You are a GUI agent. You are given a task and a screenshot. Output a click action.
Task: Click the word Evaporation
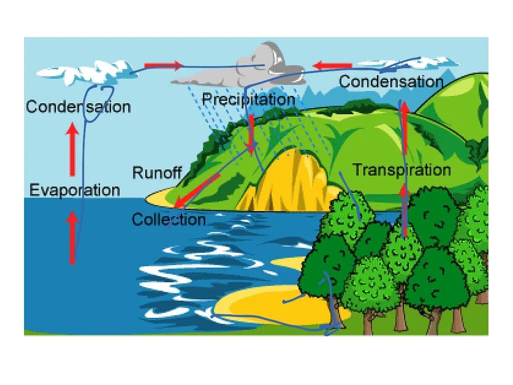point(75,190)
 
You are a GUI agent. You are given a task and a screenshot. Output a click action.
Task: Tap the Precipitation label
point(248,99)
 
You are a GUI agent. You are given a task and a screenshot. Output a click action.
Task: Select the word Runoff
point(156,173)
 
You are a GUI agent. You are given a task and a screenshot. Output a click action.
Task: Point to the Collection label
point(169,220)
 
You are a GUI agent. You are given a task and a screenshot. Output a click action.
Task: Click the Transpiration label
point(402,169)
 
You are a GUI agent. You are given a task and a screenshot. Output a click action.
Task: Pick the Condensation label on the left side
point(78,107)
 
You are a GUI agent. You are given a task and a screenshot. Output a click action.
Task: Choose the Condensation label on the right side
point(391,82)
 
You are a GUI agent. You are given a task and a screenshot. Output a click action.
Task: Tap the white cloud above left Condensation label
point(85,71)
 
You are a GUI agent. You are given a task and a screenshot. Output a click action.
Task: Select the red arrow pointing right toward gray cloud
point(163,65)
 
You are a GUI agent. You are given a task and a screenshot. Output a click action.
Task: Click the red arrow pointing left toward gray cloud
point(332,65)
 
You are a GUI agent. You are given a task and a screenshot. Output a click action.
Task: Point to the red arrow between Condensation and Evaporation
point(73,149)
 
